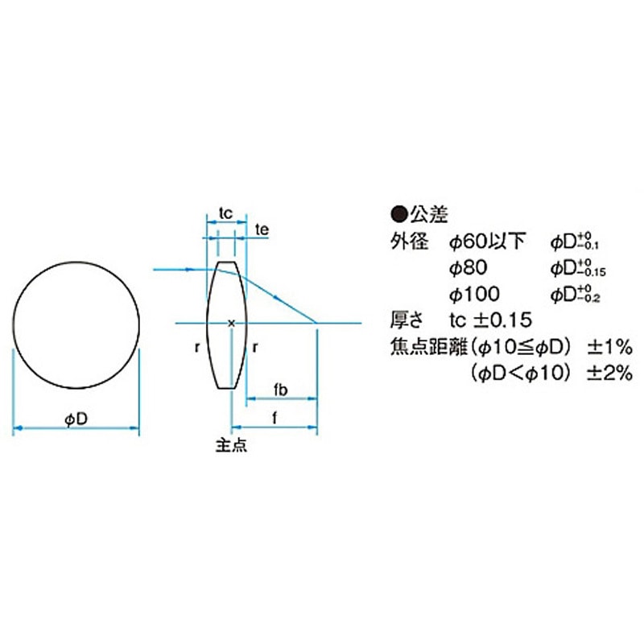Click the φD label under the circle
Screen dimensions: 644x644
coord(76,419)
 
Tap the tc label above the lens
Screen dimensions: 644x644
coord(226,213)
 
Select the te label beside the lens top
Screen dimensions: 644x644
coord(262,229)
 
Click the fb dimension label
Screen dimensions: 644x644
coord(281,390)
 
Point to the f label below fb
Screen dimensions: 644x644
coord(275,418)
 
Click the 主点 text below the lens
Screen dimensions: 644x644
coord(232,445)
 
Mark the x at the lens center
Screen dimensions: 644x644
coord(232,324)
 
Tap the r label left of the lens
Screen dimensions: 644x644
coord(197,348)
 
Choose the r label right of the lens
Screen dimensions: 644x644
coord(255,348)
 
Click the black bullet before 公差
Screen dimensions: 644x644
coord(398,214)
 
